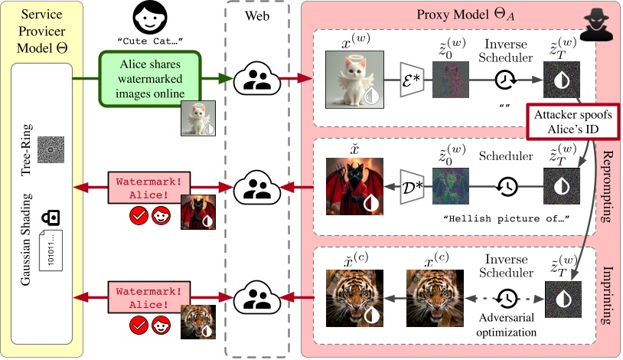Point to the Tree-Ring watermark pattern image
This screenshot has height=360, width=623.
(51, 146)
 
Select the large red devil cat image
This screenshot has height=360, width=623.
(353, 187)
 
